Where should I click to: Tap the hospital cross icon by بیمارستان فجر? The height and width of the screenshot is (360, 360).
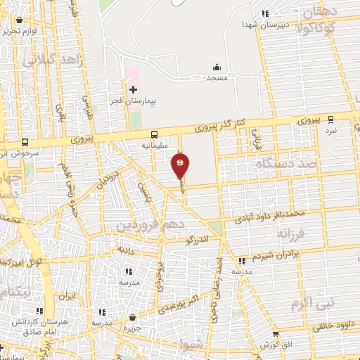pos(133,90)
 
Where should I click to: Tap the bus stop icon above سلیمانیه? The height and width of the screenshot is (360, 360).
pos(154,135)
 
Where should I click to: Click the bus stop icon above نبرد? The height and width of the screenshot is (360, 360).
pos(329,120)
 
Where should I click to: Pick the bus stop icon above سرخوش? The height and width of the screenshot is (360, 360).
pos(25,141)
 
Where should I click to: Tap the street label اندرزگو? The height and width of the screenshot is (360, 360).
pos(199,240)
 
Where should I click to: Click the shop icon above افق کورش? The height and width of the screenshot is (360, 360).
pos(274,334)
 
